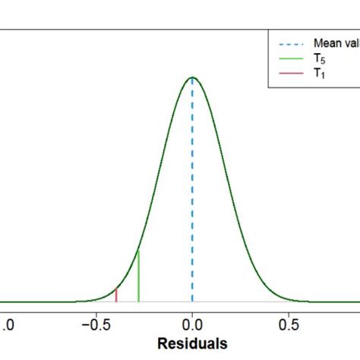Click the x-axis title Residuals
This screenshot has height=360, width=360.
[193, 343]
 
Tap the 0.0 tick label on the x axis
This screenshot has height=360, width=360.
[193, 322]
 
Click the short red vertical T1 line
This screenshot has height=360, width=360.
[116, 295]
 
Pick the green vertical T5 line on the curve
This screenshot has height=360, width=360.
[138, 277]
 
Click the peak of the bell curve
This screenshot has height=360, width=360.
[192, 77]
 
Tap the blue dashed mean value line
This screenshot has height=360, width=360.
[192, 190]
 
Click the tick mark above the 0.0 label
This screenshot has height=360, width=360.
[192, 307]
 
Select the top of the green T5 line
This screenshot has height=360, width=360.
[138, 251]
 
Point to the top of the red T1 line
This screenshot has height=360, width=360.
[116, 289]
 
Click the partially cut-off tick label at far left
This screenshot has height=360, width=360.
[5, 322]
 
